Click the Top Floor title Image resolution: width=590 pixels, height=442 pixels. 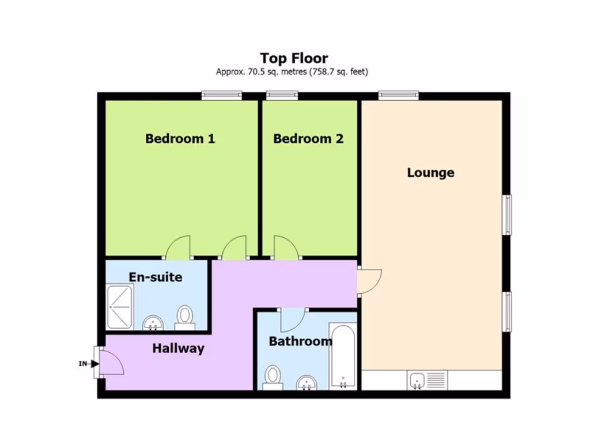click(294, 58)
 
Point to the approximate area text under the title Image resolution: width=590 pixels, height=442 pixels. click(292, 72)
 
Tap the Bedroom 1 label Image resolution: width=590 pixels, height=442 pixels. click(180, 139)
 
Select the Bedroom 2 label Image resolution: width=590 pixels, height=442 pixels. click(308, 139)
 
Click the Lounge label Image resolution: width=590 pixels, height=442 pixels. click(430, 173)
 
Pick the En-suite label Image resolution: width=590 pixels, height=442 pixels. click(156, 277)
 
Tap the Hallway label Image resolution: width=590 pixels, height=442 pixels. click(178, 348)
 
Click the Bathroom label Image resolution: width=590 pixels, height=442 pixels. click(300, 341)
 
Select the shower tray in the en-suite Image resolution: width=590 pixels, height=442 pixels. click(120, 307)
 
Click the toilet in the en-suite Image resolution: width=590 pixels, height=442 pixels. click(185, 317)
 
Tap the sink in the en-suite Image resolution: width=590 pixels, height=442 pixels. click(153, 323)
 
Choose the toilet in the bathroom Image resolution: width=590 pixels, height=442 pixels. click(273, 377)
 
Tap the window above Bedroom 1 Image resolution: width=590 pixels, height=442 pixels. click(221, 96)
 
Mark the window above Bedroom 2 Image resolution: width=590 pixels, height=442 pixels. click(282, 96)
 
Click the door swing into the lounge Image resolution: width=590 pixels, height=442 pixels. click(368, 281)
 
